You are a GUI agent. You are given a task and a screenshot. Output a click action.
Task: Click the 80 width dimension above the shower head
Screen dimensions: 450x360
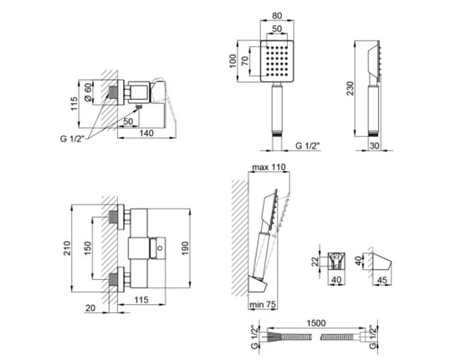(276, 15)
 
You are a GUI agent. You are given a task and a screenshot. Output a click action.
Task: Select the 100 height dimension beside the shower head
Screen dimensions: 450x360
(233, 61)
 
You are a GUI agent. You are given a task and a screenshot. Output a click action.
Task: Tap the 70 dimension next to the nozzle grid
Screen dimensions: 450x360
(245, 61)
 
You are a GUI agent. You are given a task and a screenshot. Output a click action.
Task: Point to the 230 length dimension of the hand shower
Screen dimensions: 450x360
(350, 88)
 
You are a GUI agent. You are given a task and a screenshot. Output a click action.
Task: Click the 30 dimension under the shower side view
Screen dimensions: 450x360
(374, 146)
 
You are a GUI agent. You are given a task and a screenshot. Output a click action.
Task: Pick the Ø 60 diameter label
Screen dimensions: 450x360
(87, 93)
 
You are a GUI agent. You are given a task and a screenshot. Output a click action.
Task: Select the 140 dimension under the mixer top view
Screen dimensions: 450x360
(146, 133)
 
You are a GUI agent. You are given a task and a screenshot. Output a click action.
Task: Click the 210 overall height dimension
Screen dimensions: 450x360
(67, 248)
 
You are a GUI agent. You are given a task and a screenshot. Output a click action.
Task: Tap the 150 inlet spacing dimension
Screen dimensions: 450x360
(87, 248)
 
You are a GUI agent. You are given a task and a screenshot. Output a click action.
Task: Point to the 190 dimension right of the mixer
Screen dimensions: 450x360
(184, 248)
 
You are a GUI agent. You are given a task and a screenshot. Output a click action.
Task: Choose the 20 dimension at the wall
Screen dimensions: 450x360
(90, 308)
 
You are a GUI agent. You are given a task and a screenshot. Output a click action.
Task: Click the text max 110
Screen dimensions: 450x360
(269, 167)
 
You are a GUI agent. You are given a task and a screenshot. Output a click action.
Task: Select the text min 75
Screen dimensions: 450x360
(263, 304)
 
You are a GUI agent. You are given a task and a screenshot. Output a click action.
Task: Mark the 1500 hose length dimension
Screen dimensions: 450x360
(316, 323)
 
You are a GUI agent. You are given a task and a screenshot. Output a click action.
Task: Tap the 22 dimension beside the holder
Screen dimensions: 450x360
(315, 261)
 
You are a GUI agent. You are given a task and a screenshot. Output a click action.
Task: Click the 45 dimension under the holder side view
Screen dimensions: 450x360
(382, 280)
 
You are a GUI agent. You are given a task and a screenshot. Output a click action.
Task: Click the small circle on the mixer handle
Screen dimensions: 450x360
(160, 248)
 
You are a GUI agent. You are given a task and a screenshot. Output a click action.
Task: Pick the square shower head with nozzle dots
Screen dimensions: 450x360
(277, 61)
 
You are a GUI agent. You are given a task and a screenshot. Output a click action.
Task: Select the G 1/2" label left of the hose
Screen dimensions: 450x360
(255, 337)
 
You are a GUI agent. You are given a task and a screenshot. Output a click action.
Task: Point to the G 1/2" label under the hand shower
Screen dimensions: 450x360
(308, 146)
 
